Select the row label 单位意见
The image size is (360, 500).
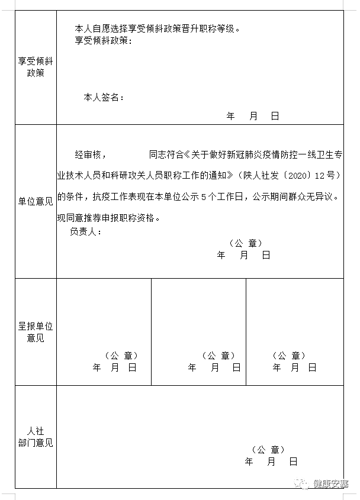point(35,201)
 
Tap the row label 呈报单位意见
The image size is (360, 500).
point(35,332)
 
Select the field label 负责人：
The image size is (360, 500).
point(85,231)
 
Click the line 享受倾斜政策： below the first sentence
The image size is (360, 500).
point(103,40)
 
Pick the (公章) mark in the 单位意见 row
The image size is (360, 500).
point(245,243)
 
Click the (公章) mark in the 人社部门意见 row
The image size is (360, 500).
point(268,450)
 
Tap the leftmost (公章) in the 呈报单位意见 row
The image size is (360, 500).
point(121,356)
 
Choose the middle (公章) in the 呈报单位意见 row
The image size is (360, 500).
point(218,356)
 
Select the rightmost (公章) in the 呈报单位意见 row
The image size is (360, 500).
point(288,356)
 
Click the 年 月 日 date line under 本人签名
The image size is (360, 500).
point(252,117)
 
